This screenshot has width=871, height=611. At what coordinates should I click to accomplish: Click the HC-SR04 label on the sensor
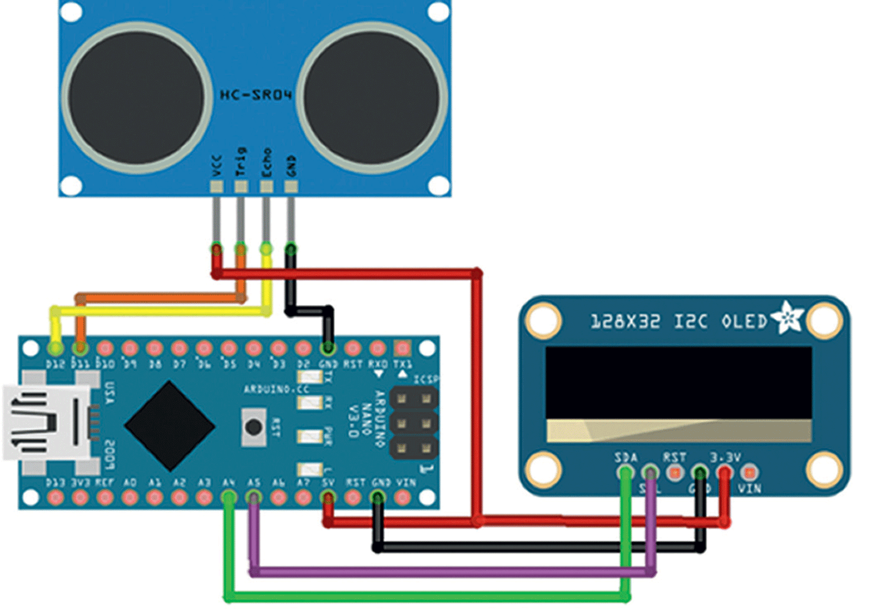(255, 95)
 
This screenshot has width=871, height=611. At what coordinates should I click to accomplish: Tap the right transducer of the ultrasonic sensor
(372, 98)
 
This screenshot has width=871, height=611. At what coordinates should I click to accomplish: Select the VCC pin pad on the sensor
(217, 187)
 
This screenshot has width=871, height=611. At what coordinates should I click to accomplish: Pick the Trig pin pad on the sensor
(241, 187)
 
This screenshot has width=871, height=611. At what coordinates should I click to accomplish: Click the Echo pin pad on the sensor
(266, 187)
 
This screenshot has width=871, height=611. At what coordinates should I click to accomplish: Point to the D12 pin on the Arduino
(56, 348)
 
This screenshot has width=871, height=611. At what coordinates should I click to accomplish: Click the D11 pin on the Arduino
(80, 348)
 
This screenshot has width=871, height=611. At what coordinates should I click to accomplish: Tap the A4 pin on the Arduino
(229, 498)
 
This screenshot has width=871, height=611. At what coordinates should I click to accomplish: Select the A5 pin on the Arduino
(254, 498)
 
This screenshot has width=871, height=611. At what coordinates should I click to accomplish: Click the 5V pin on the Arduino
(328, 498)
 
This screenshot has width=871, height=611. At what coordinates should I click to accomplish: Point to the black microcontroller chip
(170, 426)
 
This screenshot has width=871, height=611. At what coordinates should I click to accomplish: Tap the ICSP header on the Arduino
(413, 423)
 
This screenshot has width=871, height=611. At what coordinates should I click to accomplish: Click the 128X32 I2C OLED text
(678, 321)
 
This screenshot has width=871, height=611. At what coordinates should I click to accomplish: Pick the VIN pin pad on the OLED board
(750, 473)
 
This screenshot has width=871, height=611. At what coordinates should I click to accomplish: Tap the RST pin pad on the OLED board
(675, 473)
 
